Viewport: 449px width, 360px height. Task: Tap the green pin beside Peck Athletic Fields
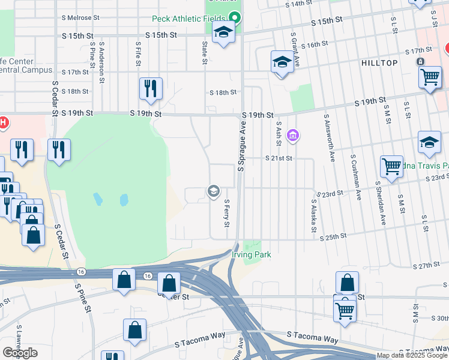pos(236,19)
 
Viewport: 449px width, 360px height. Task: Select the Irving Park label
pos(252,255)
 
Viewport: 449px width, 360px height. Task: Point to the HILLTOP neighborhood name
pos(379,62)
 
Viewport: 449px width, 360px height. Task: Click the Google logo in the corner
pos(20,352)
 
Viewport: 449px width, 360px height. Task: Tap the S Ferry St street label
pos(227,214)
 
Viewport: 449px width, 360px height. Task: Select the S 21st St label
pos(279,158)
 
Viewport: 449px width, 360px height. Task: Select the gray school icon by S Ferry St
pos(212,191)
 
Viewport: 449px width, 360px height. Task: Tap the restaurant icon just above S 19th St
pos(151,88)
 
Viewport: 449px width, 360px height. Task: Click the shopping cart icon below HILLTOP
pos(430,76)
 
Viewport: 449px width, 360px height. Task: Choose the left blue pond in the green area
pos(98,199)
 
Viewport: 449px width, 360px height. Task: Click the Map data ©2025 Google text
pos(411,355)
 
